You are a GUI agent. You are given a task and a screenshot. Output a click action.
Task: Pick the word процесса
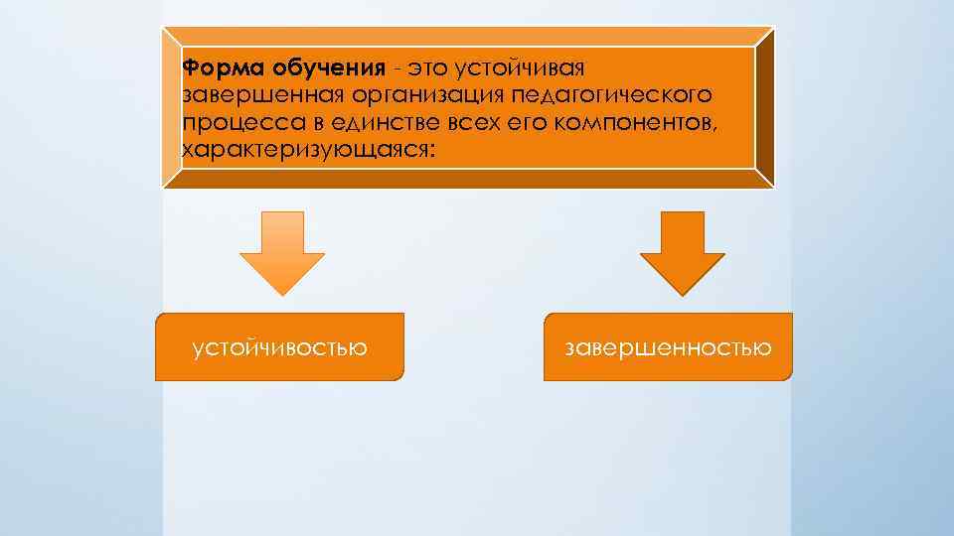point(230,123)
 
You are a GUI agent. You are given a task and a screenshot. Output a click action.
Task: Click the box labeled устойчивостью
point(279,347)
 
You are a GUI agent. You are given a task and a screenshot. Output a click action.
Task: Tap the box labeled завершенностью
point(668,347)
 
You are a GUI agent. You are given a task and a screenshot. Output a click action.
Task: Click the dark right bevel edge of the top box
point(764,107)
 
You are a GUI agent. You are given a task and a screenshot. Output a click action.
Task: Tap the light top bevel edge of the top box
point(467,36)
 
